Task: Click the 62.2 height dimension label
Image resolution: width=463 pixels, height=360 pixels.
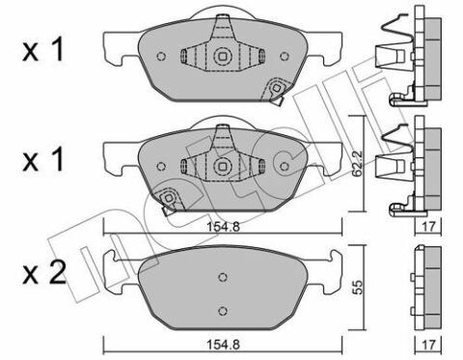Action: click(357, 163)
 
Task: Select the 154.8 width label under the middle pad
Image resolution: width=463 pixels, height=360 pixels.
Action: click(224, 227)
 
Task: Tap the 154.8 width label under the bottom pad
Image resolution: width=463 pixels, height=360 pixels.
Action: click(224, 345)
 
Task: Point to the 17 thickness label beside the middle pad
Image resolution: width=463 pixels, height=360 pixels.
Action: click(428, 227)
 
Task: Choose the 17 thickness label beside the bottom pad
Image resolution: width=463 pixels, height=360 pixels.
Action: click(428, 345)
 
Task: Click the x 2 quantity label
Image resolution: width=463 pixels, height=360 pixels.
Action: click(44, 273)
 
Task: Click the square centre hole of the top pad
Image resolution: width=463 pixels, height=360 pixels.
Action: click(222, 56)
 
